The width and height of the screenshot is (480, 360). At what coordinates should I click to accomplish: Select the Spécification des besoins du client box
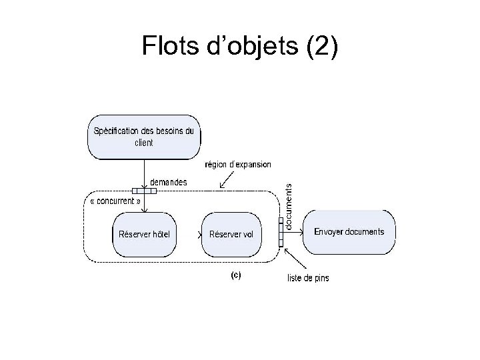point(143,137)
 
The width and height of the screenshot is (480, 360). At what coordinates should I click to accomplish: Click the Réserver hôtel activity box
point(143,233)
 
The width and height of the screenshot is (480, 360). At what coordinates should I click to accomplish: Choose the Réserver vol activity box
point(231,233)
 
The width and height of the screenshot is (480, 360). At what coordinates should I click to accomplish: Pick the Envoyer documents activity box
point(349,232)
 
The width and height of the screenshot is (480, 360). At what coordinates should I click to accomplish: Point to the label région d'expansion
point(237,165)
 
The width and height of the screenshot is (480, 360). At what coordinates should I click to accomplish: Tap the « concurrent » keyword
point(115,201)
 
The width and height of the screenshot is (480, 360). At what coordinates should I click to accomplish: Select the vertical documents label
point(289,207)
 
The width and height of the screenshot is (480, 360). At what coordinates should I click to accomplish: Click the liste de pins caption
point(307,277)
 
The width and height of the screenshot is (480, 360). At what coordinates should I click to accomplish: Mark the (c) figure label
point(236,274)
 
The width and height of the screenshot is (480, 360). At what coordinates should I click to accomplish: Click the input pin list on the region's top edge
point(144,191)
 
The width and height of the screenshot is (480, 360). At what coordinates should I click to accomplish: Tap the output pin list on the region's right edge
point(281,232)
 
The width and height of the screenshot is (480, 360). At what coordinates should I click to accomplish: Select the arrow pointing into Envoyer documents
point(294,232)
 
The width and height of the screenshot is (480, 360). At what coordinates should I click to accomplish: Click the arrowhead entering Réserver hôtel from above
point(144,209)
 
